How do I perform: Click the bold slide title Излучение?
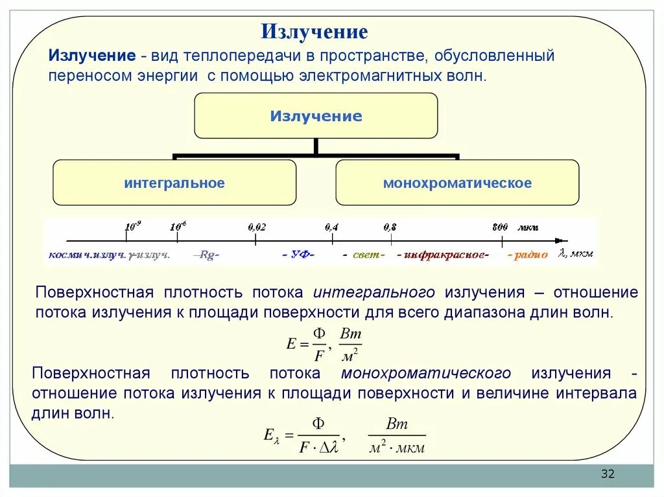coord(314,32)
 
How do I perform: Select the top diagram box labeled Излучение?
coord(316,116)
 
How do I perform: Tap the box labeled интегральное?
coord(174,183)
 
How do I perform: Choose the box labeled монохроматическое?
coord(457,183)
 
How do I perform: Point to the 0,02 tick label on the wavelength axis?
coord(257,227)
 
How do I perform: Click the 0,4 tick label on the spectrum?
coord(331,227)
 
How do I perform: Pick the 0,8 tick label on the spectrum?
coord(390,227)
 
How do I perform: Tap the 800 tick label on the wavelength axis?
coord(500,227)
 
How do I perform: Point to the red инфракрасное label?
coord(444,255)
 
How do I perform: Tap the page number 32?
coord(608,474)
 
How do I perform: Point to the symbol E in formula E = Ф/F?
coord(291,344)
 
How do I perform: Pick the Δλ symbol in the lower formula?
coord(329,446)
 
